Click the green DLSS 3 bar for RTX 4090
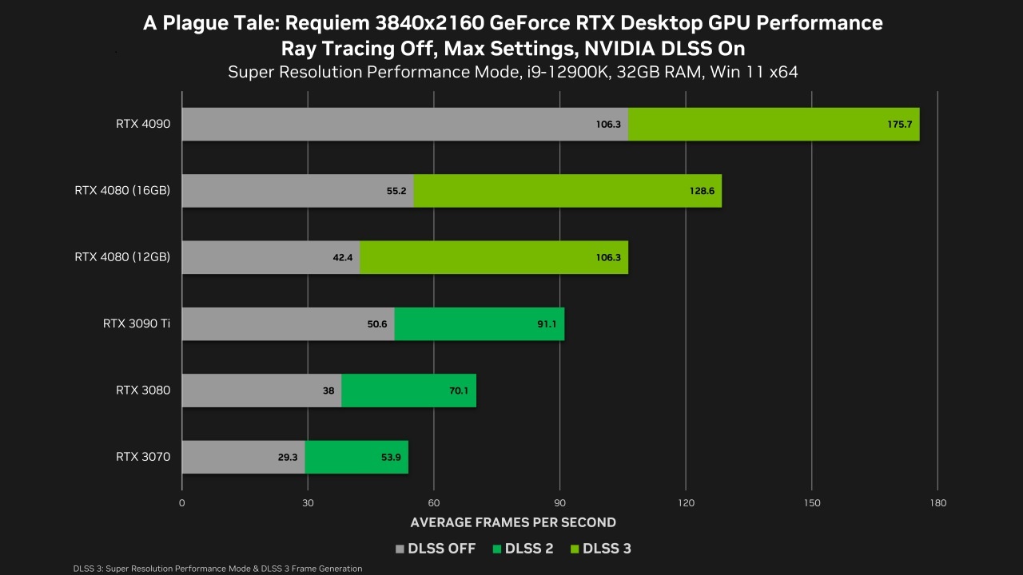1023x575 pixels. pos(774,124)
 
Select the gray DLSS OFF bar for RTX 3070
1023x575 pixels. pos(243,457)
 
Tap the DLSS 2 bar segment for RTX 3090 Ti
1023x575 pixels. pos(479,323)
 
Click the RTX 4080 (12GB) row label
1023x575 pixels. pos(122,257)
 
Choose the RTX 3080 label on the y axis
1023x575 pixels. pos(143,391)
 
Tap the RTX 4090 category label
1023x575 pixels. pos(143,124)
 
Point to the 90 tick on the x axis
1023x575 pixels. pos(559,503)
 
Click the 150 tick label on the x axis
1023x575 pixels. pos(811,503)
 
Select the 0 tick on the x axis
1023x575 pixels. pos(182,503)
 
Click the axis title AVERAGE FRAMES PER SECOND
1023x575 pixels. pos(513,522)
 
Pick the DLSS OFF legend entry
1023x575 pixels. pos(436,549)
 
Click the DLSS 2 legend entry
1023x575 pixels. pos(524,549)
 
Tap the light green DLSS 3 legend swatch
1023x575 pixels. pos(575,549)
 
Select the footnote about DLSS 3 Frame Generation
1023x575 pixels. pos(217,569)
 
